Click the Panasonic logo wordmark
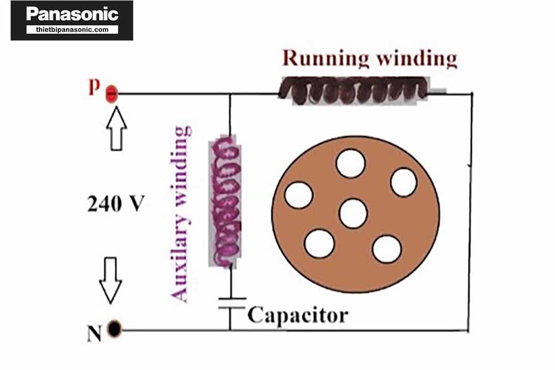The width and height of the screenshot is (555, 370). click(72, 14)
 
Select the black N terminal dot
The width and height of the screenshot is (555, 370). click(114, 329)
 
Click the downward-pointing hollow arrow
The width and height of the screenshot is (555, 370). click(111, 280)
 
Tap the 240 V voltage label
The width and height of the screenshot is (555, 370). click(116, 204)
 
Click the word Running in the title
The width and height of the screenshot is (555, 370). click(326, 59)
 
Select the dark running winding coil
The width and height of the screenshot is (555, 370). click(353, 90)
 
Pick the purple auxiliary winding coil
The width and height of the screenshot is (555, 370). click(225, 201)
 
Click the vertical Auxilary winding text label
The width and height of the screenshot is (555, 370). click(181, 213)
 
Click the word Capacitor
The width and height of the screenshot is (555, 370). click(297, 315)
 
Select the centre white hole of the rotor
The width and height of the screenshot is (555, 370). click(353, 213)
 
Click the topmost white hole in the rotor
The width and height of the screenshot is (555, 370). click(350, 164)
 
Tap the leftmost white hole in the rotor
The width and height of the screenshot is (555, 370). click(298, 195)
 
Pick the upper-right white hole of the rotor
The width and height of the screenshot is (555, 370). click(403, 182)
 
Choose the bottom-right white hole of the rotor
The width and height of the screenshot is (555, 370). click(386, 249)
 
